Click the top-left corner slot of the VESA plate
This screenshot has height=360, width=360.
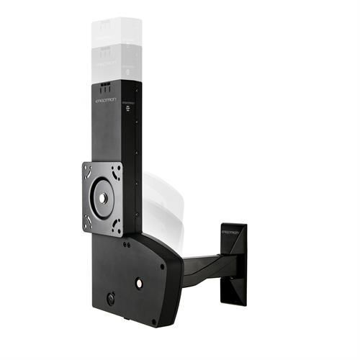[88, 170]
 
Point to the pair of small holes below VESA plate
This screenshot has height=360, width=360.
[127, 245]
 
